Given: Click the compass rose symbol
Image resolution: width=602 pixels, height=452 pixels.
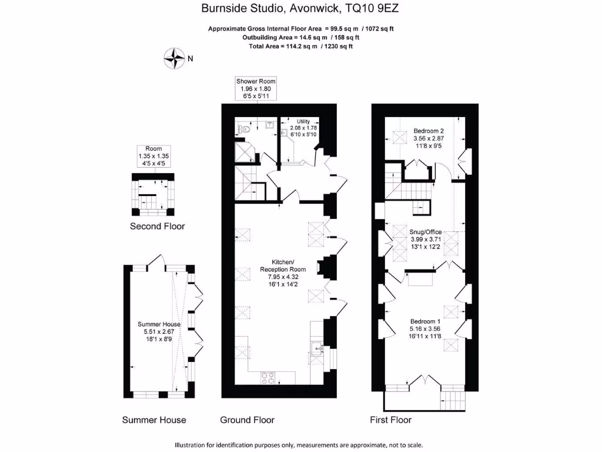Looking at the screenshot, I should point(175,58).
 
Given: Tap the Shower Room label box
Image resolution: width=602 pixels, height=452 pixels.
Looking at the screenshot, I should point(256,88).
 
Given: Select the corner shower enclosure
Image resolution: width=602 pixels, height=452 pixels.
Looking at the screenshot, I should point(247,151).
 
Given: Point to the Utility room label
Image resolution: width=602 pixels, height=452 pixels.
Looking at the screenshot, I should point(303,128).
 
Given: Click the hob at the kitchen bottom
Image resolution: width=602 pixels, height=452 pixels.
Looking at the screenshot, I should point(269,376).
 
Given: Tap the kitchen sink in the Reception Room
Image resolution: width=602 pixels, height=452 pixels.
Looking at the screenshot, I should point(317,348).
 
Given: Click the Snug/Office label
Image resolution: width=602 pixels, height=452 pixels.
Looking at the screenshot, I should point(426,232).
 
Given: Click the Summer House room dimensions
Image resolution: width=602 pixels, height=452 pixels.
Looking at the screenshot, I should point(159,335).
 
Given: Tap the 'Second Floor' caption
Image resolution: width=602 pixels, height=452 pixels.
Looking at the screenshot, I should point(157,227).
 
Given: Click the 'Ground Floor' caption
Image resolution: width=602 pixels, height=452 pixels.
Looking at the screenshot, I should point(247,420).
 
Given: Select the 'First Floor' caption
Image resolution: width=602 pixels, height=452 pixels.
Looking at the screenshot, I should point(390,420).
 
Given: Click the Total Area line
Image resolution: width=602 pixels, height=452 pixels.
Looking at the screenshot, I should point(301,46).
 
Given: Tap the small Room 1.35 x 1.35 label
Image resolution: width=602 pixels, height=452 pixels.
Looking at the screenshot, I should point(153,156).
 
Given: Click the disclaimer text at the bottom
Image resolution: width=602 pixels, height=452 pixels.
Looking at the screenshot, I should point(299,445).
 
